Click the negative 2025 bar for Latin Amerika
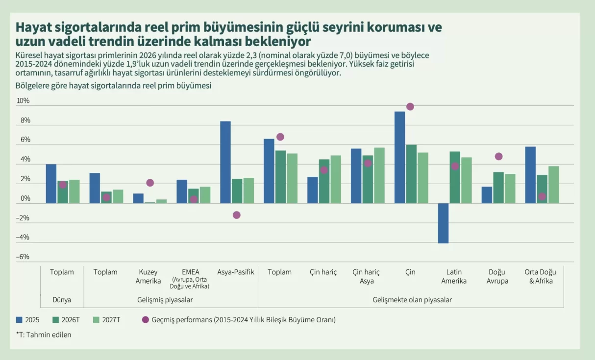tap(444, 223)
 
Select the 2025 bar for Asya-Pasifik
tap(225, 162)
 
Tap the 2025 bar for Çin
tap(400, 157)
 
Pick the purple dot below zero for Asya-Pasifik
tap(237, 215)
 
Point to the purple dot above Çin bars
tap(410, 107)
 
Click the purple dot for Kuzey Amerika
tap(150, 183)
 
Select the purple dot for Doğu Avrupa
tap(498, 156)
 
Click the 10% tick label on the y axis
tap(23, 100)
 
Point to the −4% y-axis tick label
tap(23, 237)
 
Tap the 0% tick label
tap(25, 198)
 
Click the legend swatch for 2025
tap(19, 320)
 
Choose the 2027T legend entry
tap(107, 320)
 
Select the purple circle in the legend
tap(145, 320)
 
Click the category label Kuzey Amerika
tap(148, 276)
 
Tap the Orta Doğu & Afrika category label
tap(540, 276)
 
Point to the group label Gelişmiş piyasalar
tap(165, 300)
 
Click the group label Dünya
tap(62, 300)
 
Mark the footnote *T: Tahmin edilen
tap(44, 335)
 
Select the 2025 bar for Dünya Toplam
tap(51, 184)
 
